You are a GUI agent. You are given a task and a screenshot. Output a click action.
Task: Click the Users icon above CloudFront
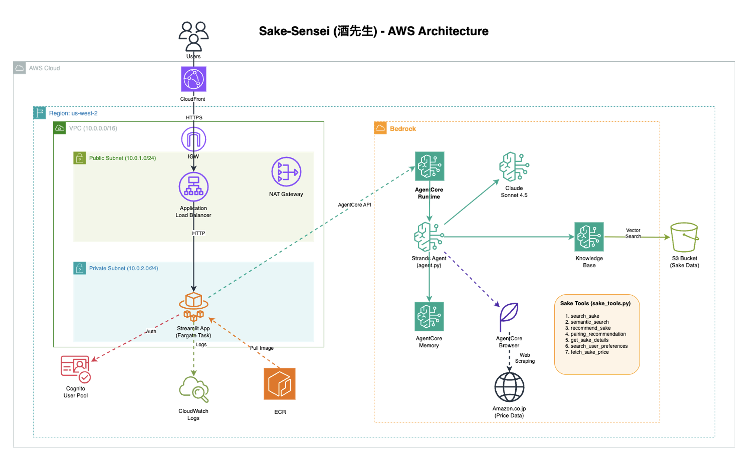tap(194, 36)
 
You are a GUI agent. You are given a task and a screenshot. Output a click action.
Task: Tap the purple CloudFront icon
tap(194, 79)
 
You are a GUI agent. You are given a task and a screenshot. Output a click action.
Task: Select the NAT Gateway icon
tap(286, 172)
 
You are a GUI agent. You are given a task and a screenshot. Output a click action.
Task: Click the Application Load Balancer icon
tap(194, 186)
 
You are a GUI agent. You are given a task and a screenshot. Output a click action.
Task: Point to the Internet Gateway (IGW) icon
tap(194, 139)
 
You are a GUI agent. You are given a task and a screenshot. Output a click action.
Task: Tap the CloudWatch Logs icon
tap(194, 389)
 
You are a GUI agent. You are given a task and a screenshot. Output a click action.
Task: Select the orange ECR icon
tap(280, 384)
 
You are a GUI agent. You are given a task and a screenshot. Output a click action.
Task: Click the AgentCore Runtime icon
tap(430, 166)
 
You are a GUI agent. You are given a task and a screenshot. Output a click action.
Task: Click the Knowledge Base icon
tap(589, 237)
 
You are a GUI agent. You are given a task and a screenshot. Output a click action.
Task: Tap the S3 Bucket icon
tap(684, 237)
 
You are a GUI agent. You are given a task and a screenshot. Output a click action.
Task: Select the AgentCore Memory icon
tap(429, 317)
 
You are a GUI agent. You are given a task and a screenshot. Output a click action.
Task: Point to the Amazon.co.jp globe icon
tap(509, 387)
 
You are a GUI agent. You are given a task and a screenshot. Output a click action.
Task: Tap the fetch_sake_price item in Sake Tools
tap(590, 352)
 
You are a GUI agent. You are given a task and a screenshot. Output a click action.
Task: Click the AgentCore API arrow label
tap(354, 205)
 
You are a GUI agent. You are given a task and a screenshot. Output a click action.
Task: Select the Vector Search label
tap(633, 233)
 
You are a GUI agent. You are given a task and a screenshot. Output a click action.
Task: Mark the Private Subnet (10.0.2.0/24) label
tap(124, 268)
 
